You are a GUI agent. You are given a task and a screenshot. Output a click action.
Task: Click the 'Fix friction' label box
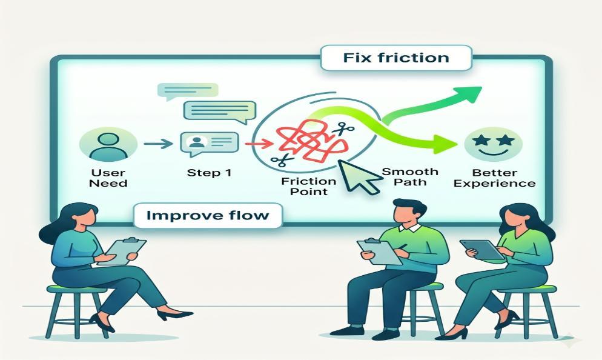396,58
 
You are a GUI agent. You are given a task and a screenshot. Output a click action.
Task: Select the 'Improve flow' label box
208,215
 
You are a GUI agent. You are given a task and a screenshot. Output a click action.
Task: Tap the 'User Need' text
108,178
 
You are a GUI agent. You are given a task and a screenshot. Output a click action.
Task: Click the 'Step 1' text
209,173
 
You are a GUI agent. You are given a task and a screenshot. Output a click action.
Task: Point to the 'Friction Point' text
309,186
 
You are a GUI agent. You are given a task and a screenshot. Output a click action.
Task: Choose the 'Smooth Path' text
410,177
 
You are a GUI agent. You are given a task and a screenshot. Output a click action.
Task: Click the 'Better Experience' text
494,178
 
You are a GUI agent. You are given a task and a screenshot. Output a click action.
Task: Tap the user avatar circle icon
108,144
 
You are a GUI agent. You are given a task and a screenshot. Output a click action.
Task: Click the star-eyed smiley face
494,144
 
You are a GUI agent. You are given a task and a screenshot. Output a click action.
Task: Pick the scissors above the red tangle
343,130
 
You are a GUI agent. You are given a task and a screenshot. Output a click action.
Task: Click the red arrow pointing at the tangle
259,144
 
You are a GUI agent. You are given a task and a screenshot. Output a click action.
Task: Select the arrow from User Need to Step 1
158,144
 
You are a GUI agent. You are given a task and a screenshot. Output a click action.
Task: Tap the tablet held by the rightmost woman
482,250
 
